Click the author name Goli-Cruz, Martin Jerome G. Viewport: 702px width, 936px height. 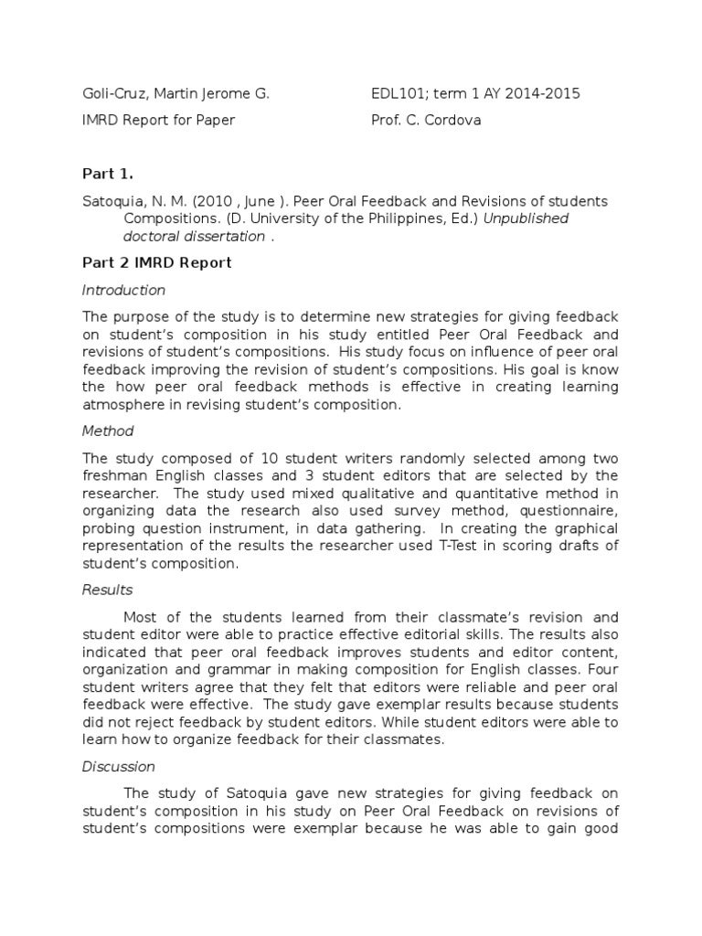175,93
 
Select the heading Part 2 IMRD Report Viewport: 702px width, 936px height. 157,263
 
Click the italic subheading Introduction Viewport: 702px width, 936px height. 123,290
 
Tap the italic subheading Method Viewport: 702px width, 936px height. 108,431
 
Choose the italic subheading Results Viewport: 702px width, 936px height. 107,590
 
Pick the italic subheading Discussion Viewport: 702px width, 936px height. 119,766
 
